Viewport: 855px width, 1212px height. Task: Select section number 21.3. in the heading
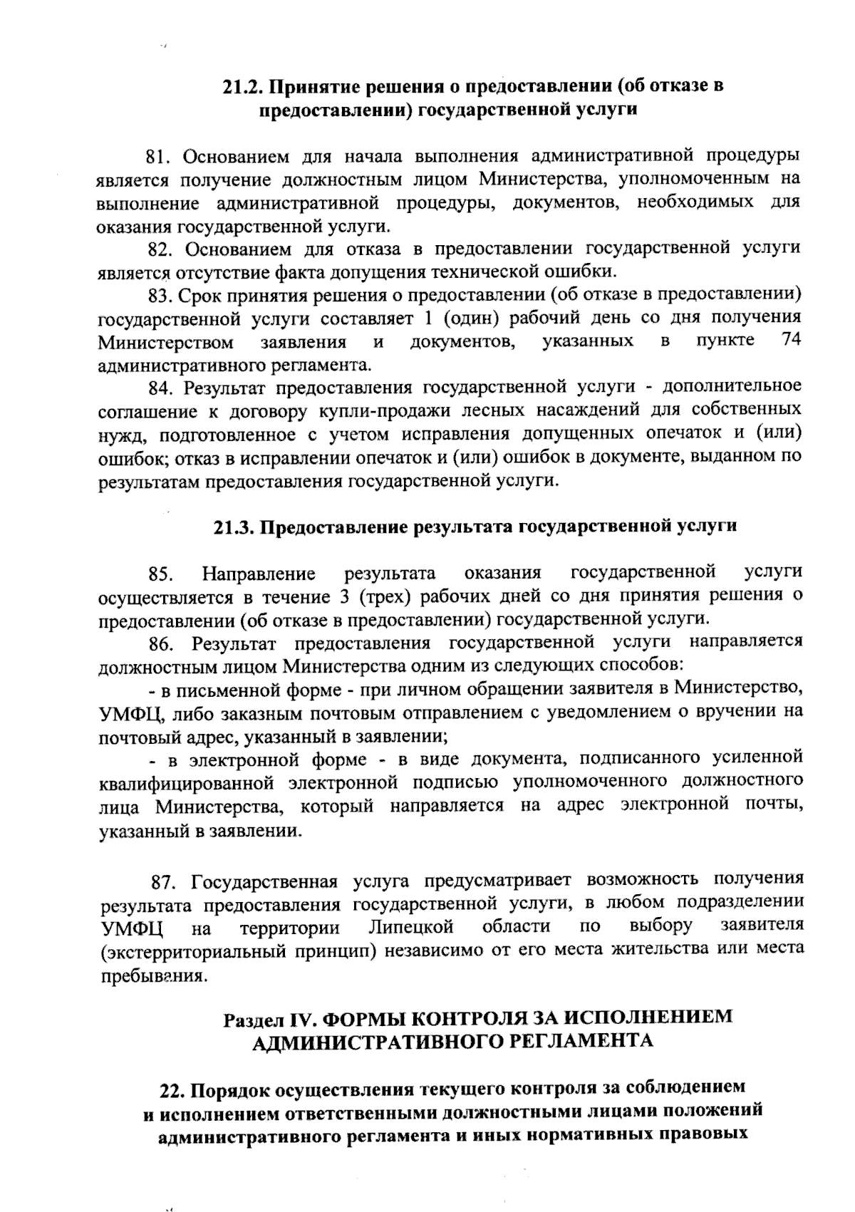pyautogui.click(x=234, y=527)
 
